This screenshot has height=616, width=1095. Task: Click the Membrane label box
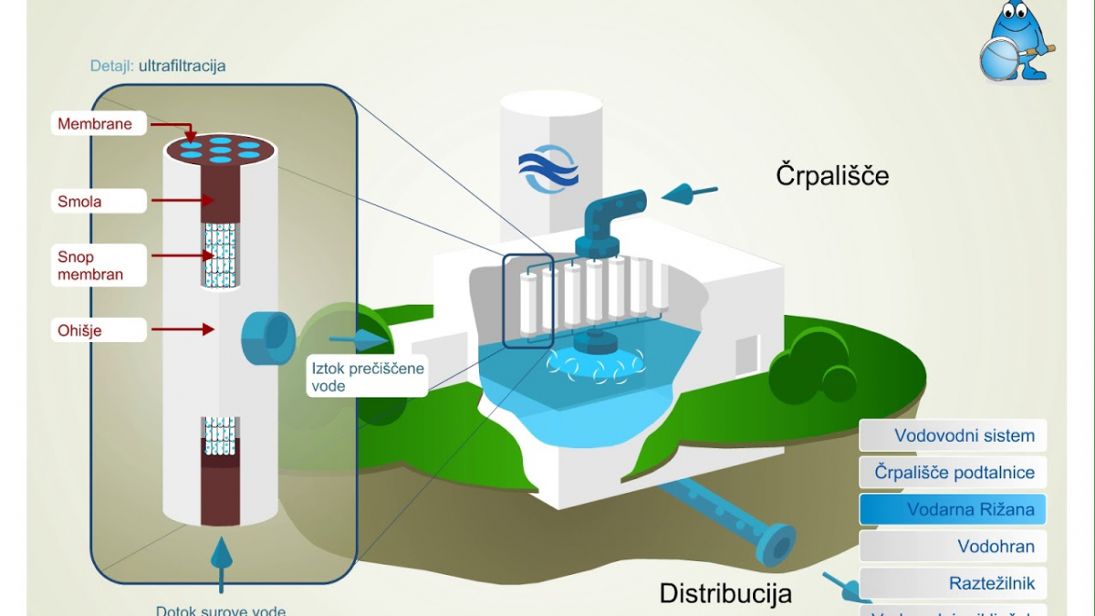click(96, 124)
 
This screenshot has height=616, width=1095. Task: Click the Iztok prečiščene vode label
click(366, 377)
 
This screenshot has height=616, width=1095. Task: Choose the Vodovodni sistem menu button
click(953, 435)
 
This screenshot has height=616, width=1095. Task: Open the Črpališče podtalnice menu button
click(953, 473)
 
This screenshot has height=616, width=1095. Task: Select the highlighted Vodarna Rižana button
click(953, 509)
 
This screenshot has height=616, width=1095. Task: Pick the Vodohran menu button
click(953, 547)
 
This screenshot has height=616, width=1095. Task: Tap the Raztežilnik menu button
click(953, 583)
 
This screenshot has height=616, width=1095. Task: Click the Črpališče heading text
click(832, 174)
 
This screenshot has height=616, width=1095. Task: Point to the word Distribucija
click(725, 593)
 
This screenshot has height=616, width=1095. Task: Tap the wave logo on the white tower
click(548, 169)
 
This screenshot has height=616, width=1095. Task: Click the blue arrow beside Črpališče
click(688, 193)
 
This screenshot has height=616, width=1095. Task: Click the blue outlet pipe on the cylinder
click(266, 337)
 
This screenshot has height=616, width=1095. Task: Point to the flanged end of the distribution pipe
click(777, 546)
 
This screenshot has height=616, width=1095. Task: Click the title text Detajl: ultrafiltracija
click(158, 66)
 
